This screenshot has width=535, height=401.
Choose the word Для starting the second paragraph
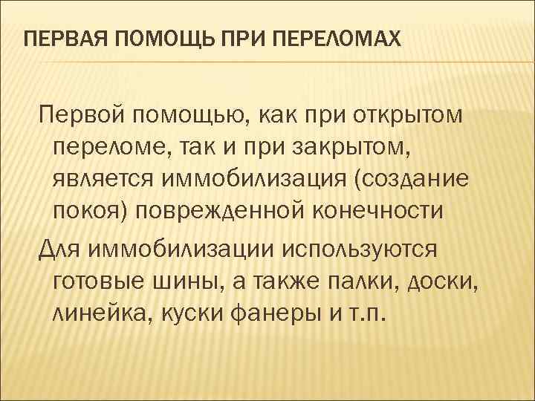(x=59, y=245)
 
